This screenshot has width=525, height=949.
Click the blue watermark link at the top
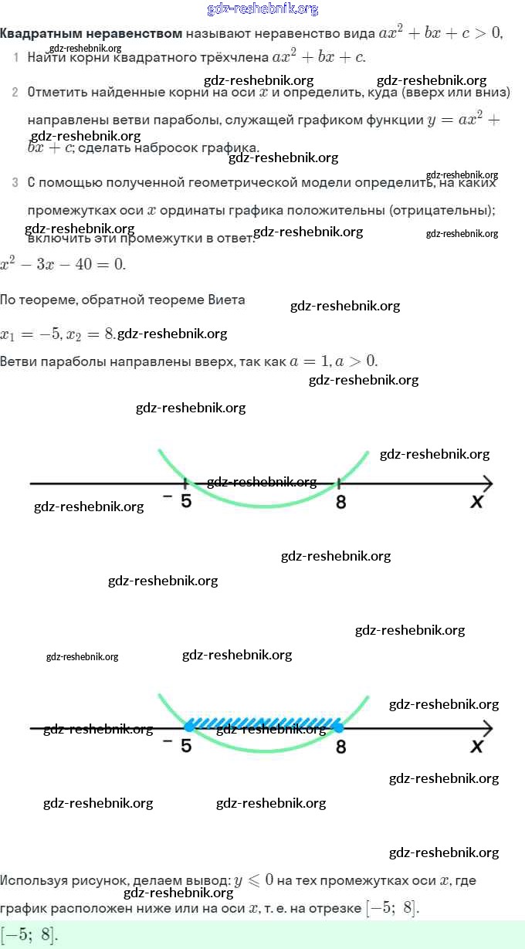pyautogui.click(x=262, y=9)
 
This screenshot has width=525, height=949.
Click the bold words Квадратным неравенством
pyautogui.click(x=91, y=33)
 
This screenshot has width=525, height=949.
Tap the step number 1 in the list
pyautogui.click(x=16, y=58)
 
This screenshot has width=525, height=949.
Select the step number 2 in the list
pyautogui.click(x=15, y=93)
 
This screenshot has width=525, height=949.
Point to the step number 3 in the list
pyautogui.click(x=15, y=183)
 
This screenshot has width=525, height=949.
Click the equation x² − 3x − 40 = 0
pyautogui.click(x=62, y=264)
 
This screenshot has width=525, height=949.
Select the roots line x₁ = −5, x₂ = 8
pyautogui.click(x=57, y=334)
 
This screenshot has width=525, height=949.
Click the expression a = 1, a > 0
pyautogui.click(x=334, y=361)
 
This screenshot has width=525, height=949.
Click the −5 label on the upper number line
pyautogui.click(x=179, y=500)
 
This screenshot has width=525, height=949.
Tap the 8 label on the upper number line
pyautogui.click(x=340, y=502)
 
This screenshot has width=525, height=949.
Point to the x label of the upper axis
pyautogui.click(x=476, y=502)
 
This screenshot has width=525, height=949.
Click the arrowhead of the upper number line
pyautogui.click(x=486, y=484)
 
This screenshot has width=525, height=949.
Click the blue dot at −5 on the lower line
pyautogui.click(x=189, y=727)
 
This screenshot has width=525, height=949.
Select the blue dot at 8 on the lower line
pyautogui.click(x=338, y=727)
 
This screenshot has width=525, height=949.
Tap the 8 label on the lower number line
pyautogui.click(x=340, y=747)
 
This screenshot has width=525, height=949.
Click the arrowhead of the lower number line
pyautogui.click(x=486, y=728)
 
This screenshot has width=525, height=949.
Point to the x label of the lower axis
pyautogui.click(x=476, y=747)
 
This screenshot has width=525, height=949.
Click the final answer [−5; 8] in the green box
pyautogui.click(x=29, y=935)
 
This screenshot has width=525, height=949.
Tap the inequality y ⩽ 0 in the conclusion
pyautogui.click(x=254, y=880)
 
